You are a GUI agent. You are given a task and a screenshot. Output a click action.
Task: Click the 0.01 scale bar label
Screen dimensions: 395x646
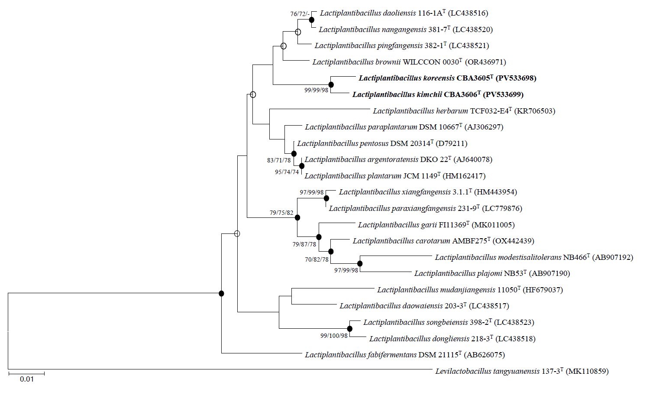pos(26,379)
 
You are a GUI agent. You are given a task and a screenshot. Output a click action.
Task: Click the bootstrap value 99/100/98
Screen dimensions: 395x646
pos(334,336)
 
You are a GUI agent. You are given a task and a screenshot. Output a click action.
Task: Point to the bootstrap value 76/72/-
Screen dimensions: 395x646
pos(300,14)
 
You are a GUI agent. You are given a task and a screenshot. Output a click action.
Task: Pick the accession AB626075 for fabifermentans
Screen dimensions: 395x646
pos(484,355)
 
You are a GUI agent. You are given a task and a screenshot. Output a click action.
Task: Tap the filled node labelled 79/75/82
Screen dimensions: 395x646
pos(297,217)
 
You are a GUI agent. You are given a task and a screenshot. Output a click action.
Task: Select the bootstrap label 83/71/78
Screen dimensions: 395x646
pos(279,160)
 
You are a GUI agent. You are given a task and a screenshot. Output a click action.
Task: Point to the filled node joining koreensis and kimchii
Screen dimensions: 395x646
pos(331,84)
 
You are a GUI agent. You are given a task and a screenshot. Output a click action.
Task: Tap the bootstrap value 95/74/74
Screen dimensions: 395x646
pos(287,172)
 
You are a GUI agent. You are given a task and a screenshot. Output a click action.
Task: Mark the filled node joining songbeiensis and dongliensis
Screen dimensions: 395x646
pos(350,329)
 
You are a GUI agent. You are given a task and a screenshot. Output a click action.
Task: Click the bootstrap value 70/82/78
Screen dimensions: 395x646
pos(317,259)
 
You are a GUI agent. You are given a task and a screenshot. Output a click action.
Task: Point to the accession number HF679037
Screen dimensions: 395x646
pos(543,290)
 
